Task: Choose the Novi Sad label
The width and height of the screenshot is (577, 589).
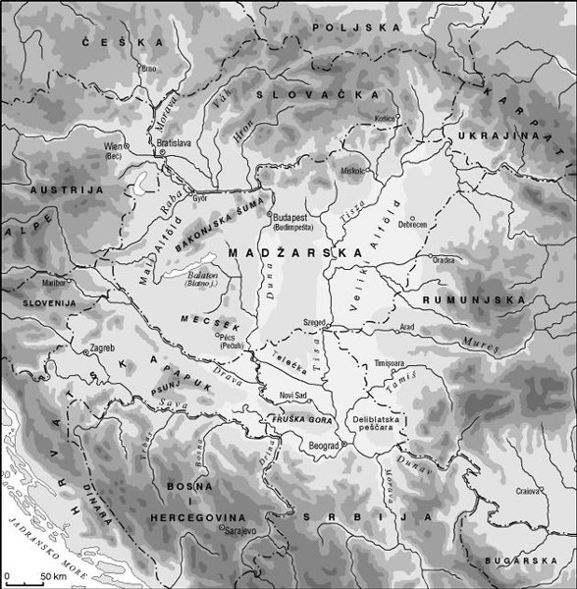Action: click(293, 395)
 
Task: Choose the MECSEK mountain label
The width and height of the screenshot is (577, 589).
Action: click(197, 321)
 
